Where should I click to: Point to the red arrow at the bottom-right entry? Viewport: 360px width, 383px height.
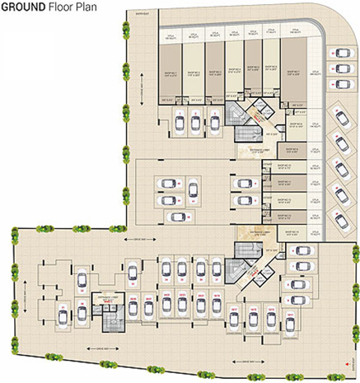coord(347,364)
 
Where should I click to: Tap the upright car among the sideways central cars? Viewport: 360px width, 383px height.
coord(192,190)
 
